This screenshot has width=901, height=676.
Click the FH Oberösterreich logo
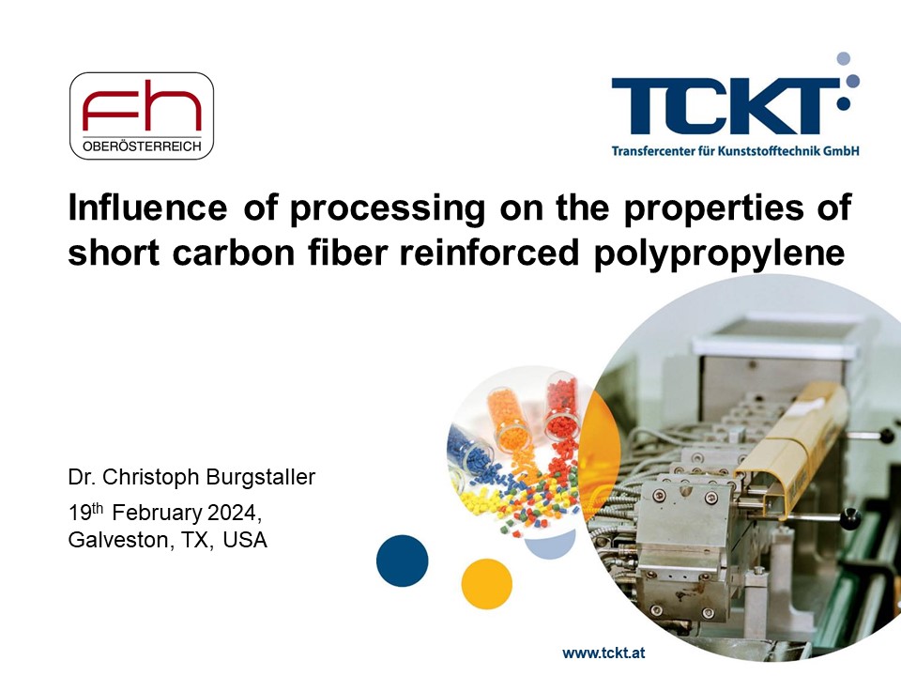point(142,115)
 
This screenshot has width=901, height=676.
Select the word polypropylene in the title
point(719,253)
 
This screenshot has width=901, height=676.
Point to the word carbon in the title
point(234,252)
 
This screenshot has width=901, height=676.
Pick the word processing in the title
point(388,209)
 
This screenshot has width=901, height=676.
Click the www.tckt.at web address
point(603,653)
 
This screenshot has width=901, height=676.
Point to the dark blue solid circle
point(403,561)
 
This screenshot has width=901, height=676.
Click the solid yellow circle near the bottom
point(487,583)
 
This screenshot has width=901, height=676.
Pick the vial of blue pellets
point(471,449)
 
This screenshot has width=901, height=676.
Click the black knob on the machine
point(850,519)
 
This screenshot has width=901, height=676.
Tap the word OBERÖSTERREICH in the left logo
point(142,146)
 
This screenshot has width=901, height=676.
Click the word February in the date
point(157,513)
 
